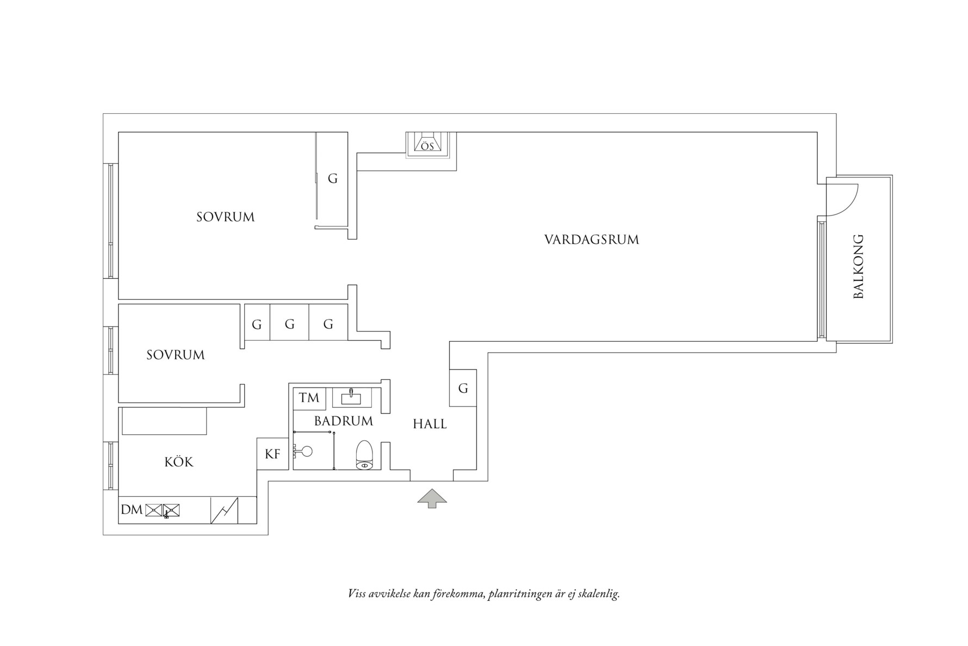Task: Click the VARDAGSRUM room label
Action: click(x=592, y=239)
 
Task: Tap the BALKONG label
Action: click(x=858, y=267)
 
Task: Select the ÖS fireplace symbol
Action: click(x=427, y=145)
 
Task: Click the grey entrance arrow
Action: click(x=432, y=498)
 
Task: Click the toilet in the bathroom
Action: click(x=364, y=455)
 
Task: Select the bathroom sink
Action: click(x=351, y=397)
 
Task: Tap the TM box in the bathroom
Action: click(x=309, y=398)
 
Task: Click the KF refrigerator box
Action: click(x=272, y=454)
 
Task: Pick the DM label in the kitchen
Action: click(x=132, y=510)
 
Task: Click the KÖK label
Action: click(x=179, y=462)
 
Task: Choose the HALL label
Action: click(x=430, y=424)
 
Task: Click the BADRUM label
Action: click(x=343, y=421)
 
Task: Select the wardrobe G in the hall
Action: click(x=463, y=388)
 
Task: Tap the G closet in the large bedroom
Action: click(x=332, y=178)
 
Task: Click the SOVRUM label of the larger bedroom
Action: click(x=225, y=217)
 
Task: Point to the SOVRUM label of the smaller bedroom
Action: click(x=175, y=355)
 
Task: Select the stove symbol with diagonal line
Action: click(x=225, y=510)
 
